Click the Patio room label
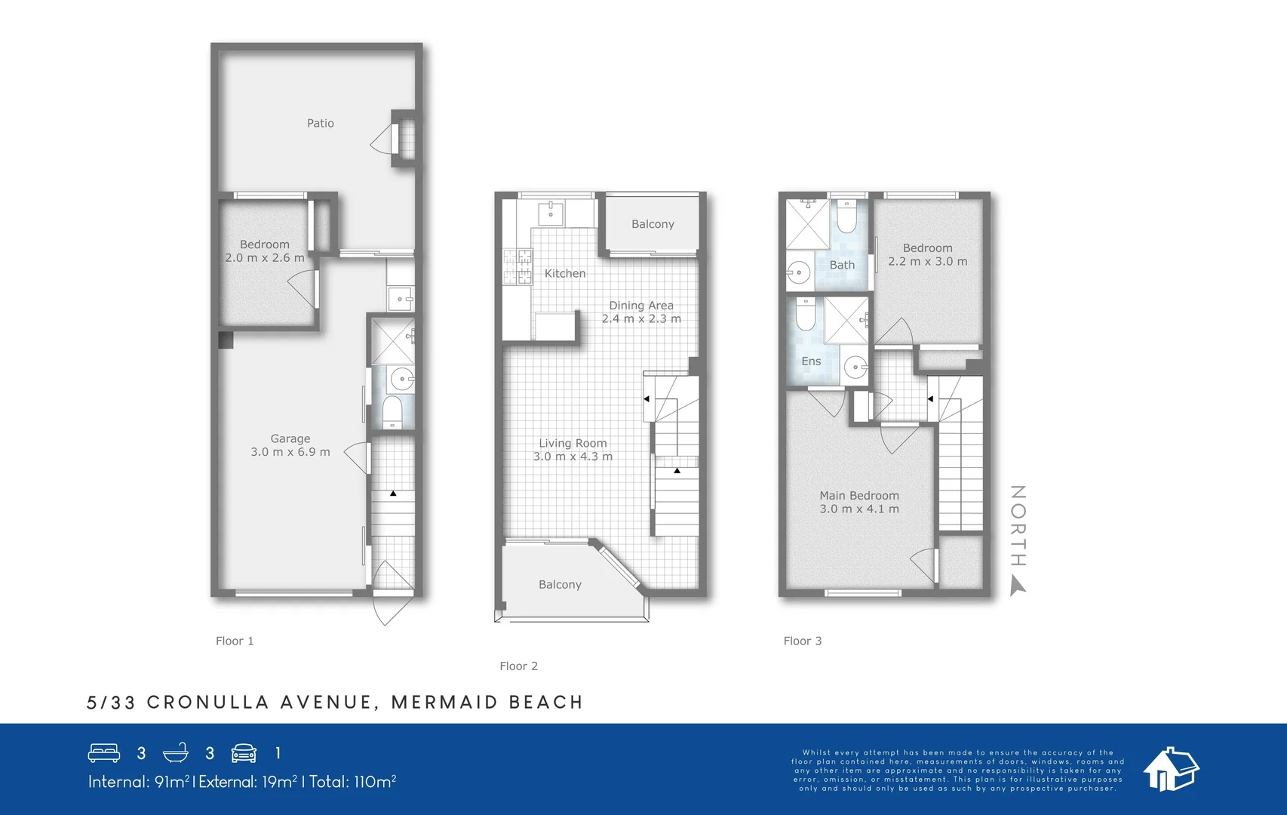(320, 123)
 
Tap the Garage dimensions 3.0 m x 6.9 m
(290, 452)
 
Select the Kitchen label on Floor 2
(565, 273)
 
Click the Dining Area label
(641, 306)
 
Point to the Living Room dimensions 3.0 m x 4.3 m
(573, 457)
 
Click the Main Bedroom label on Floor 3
(859, 496)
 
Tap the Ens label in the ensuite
(811, 361)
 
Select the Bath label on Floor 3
(842, 265)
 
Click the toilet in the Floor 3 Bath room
(846, 217)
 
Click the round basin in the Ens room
(855, 368)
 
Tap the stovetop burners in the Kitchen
(518, 267)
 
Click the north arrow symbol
(1018, 586)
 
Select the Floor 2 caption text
(518, 666)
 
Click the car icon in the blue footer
(244, 753)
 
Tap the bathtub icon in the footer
(175, 753)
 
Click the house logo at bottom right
(1170, 770)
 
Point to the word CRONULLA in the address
(207, 703)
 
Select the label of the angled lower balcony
(560, 585)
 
